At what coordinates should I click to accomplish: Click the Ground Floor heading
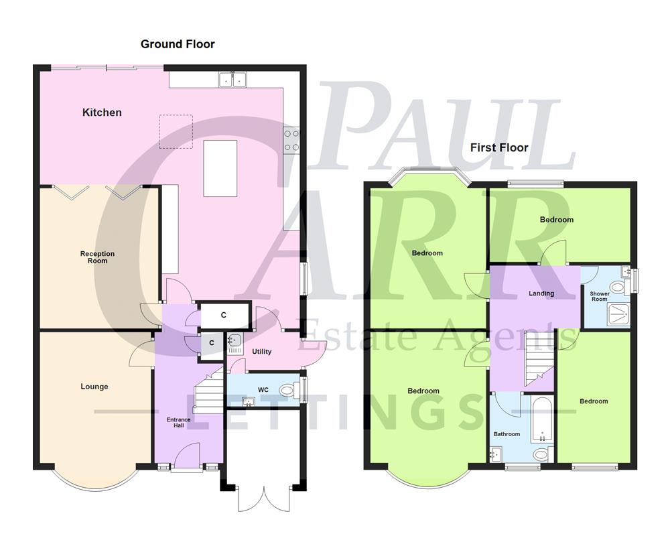pos(178,44)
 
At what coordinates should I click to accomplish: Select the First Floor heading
pos(499,147)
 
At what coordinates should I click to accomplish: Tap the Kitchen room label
pos(102,113)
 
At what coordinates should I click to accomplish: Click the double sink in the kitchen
pos(232,80)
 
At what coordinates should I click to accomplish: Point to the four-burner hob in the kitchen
pos(292,139)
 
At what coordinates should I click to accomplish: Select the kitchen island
pos(220,168)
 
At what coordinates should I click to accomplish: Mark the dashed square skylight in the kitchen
pos(176,131)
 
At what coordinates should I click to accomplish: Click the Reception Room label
pos(98,257)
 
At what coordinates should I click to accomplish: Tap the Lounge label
pos(94,387)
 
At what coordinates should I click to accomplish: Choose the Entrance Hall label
pos(179,423)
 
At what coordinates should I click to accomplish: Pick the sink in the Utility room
pos(234,343)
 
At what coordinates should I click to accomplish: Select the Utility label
pos(261,352)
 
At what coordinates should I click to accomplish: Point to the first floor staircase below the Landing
pos(540,358)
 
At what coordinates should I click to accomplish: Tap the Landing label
pos(541,293)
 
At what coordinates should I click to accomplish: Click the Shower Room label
pos(599,296)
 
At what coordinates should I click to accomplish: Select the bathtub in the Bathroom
pos(541,419)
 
